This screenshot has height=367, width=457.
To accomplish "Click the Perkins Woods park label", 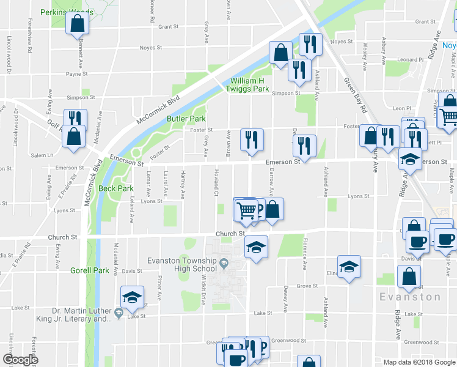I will point(67,12).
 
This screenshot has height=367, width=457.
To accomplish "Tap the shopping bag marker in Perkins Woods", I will point(78,23).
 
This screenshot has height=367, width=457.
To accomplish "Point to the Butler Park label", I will point(186,119).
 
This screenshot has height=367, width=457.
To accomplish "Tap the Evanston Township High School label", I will point(182,264).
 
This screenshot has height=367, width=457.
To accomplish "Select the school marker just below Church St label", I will point(255,247).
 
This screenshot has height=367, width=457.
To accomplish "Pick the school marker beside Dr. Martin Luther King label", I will point(132,297).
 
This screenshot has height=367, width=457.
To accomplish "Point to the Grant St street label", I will point(168,27).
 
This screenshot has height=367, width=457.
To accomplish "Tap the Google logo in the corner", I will point(20,359).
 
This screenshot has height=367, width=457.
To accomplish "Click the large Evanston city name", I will point(409,297).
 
